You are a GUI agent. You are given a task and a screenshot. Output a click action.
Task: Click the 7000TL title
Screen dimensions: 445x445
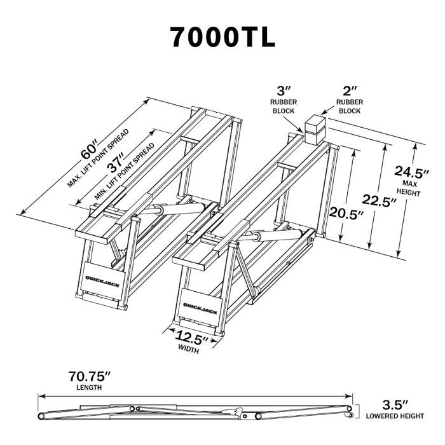(x=222, y=36)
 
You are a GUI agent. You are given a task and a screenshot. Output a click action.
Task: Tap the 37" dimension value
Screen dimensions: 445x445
(x=116, y=167)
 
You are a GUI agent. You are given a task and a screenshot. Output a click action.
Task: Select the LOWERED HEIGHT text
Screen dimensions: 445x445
(x=395, y=416)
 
